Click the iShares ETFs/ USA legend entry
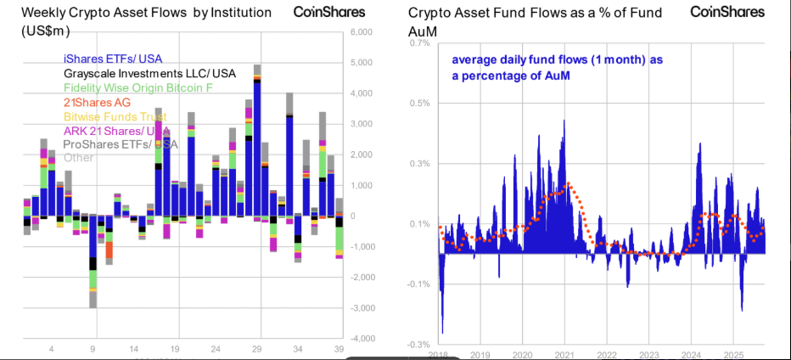coord(112,59)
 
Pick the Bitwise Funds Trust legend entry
coord(115,116)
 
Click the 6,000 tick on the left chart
coord(362,32)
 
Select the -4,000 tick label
coord(360,339)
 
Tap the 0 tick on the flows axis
coord(366,216)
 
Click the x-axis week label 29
coord(257,349)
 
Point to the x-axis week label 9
coord(93,349)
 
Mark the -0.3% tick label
coord(418,345)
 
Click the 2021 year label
coord(565,354)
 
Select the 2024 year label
coord(690,354)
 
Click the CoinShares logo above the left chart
coord(329,12)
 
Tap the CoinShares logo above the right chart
coord(727,12)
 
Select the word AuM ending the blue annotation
coord(557,76)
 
